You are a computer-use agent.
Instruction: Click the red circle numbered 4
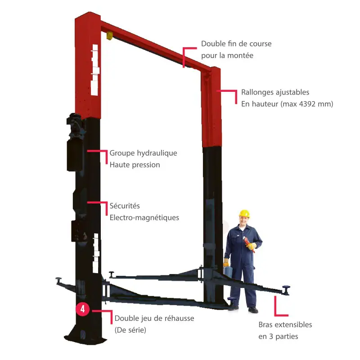82,309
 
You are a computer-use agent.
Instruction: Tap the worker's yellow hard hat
244,213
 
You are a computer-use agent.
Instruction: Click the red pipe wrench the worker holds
249,245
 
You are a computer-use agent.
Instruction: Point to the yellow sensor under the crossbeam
110,36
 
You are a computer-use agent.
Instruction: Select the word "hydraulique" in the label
157,153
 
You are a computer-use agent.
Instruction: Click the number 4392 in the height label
307,104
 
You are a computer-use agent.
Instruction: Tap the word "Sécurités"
125,206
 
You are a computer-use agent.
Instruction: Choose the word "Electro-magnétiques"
144,218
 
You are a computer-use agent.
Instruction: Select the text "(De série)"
130,330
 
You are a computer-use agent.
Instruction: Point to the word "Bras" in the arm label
266,324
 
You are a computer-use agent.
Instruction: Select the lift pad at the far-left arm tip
59,280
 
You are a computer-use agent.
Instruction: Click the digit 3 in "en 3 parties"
271,337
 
